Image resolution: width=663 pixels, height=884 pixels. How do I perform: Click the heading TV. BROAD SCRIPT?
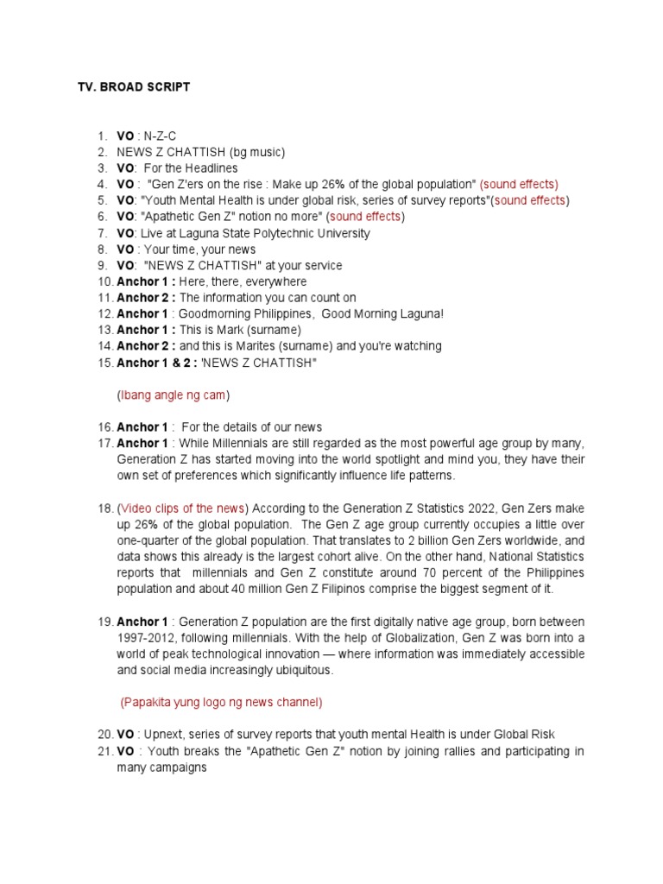(x=134, y=87)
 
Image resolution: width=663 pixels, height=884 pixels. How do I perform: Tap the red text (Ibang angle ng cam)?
(x=174, y=395)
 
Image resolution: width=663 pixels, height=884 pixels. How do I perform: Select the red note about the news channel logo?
(x=222, y=702)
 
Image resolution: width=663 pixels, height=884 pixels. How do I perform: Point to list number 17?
(x=104, y=444)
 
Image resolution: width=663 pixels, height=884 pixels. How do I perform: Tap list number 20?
(x=104, y=735)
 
